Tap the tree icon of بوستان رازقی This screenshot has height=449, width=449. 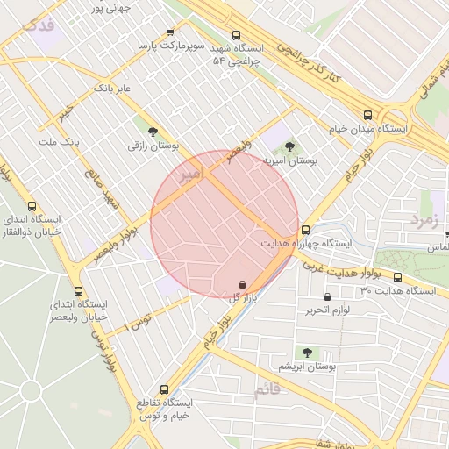(x=153, y=131)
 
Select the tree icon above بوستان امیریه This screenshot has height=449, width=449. (x=290, y=146)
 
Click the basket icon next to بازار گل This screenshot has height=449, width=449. (x=242, y=283)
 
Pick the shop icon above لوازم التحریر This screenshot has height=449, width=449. (x=327, y=297)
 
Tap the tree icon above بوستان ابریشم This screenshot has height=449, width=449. (x=307, y=352)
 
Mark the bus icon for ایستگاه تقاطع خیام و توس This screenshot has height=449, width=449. (x=163, y=389)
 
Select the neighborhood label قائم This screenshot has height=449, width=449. (x=270, y=387)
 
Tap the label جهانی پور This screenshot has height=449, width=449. (x=110, y=9)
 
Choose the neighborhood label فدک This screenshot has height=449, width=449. (x=39, y=24)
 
